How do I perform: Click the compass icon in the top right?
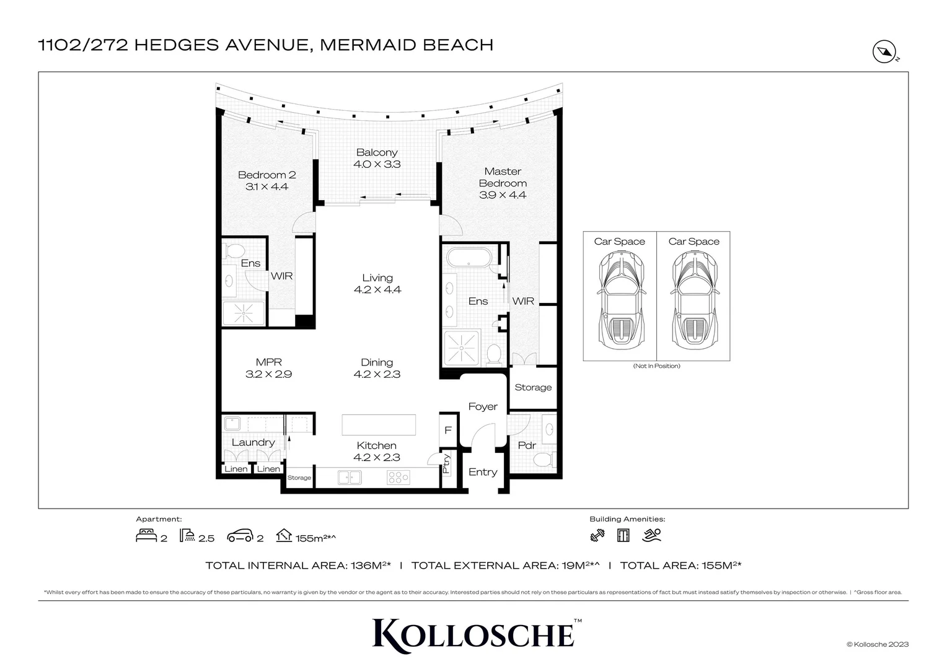[884, 52]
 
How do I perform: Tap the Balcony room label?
[377, 152]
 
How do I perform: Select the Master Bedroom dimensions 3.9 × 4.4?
[503, 195]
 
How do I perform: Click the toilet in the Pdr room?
[543, 459]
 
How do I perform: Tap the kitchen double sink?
[350, 478]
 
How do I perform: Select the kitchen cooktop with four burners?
[398, 478]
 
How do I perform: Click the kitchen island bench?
[378, 426]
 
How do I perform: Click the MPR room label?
[268, 362]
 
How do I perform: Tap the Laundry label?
[253, 442]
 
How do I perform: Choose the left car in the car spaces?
[620, 300]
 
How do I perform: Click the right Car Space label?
[694, 242]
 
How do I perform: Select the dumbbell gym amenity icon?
[597, 536]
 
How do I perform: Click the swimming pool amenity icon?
[652, 535]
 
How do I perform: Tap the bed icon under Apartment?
[146, 536]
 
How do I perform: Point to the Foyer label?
[483, 407]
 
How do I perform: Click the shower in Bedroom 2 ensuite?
[244, 314]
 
